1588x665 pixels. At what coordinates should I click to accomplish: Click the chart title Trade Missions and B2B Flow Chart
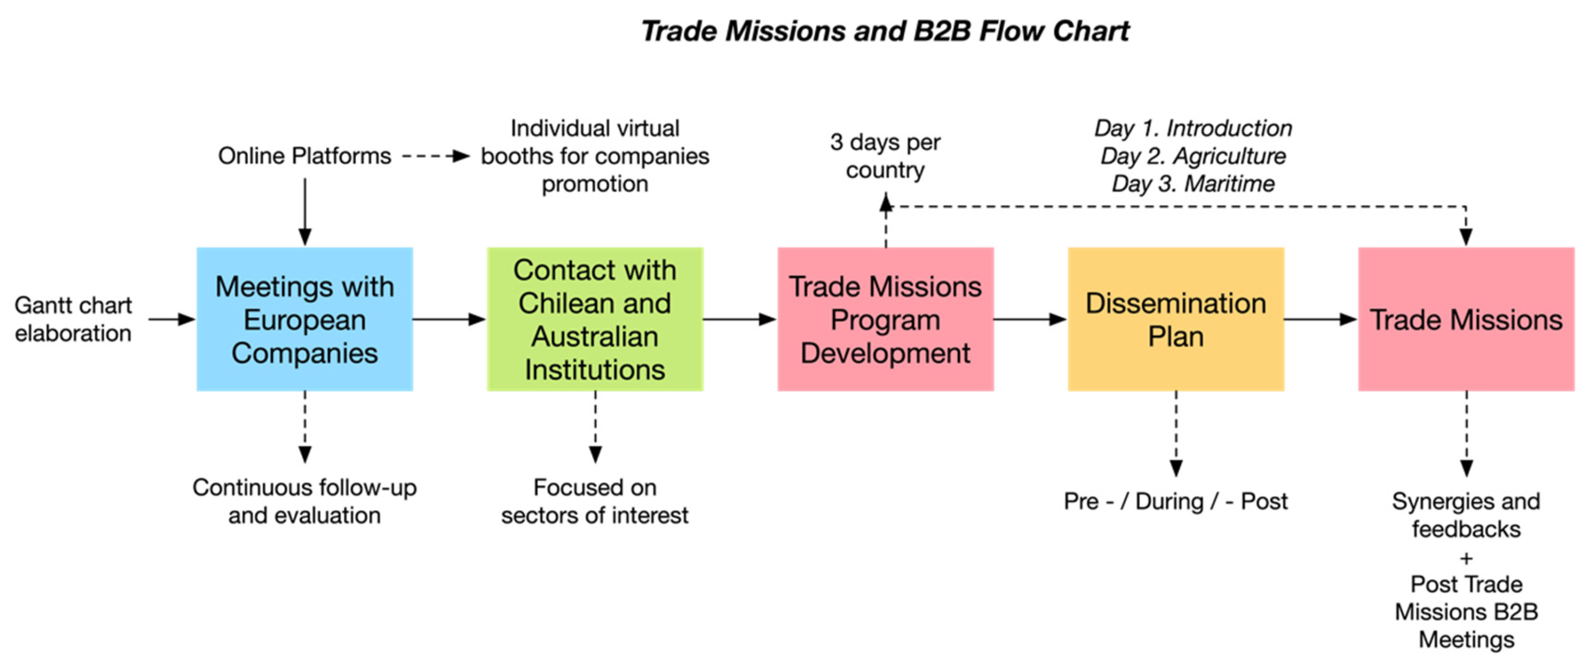885,31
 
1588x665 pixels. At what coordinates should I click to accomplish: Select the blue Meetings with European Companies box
304,319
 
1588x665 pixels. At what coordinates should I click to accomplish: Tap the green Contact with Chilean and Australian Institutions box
595,319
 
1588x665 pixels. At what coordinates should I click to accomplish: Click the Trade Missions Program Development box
885,319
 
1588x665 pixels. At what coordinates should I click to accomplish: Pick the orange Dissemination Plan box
1176,319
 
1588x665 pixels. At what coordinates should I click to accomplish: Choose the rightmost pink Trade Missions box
1466,319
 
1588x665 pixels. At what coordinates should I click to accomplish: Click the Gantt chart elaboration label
73,319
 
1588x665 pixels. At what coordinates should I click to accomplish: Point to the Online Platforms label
304,156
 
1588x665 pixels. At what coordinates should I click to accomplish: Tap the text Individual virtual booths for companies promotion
595,156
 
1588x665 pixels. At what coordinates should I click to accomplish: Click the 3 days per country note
885,156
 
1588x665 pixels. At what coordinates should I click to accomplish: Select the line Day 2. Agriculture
1193,156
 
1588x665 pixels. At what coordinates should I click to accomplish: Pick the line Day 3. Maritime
1193,184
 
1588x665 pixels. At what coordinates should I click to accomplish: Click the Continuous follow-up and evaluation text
304,501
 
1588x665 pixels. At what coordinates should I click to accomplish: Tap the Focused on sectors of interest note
595,501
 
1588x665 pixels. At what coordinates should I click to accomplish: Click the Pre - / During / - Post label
1176,501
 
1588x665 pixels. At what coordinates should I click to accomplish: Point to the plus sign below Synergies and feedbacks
1466,558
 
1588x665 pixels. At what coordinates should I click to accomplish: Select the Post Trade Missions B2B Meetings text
1466,612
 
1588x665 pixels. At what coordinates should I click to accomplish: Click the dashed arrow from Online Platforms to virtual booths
435,156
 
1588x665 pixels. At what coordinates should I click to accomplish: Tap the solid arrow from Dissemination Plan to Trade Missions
1320,319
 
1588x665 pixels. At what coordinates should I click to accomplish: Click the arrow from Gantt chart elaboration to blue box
172,319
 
